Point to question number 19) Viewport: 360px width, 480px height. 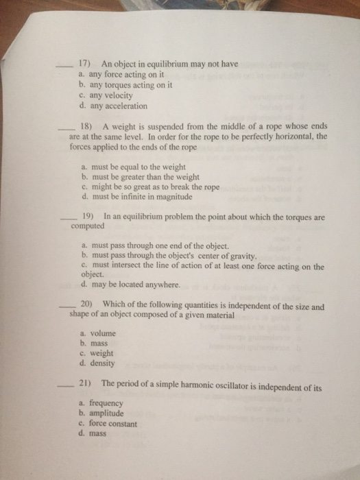(89, 217)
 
